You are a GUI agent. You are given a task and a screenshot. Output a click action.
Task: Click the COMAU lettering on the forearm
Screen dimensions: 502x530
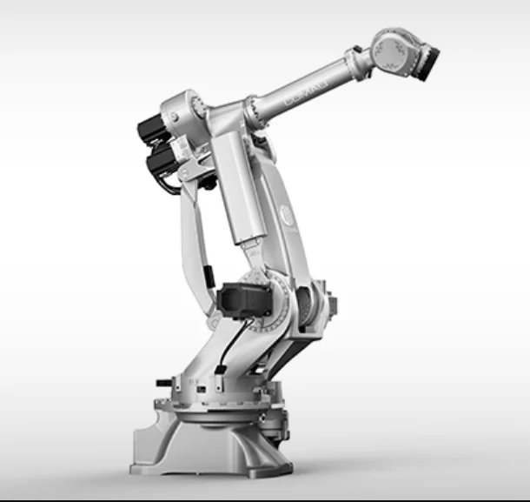tap(306, 94)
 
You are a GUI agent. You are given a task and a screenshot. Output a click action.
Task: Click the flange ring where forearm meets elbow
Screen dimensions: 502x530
tap(251, 113)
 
